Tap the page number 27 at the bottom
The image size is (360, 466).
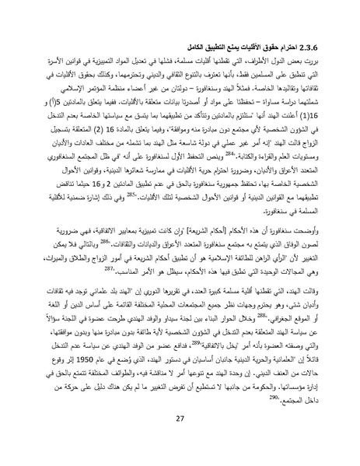coord(180,440)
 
